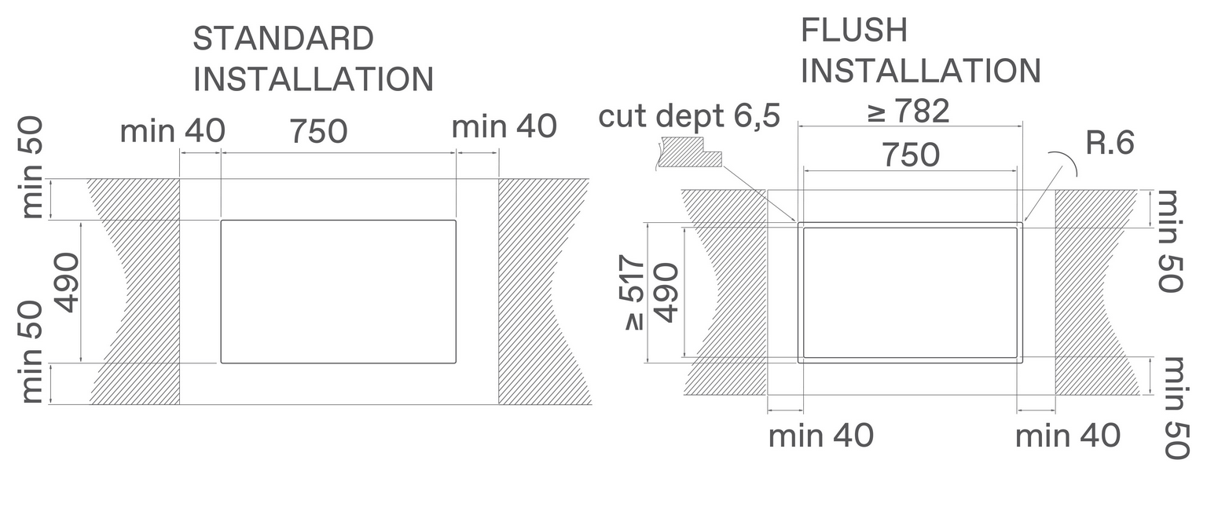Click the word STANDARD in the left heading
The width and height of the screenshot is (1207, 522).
(x=283, y=38)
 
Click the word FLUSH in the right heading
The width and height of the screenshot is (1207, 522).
(x=854, y=31)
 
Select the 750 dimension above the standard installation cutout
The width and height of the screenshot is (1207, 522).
(x=318, y=132)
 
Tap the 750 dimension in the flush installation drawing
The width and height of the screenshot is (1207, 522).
(x=910, y=155)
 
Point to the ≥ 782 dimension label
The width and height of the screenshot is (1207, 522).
(x=908, y=112)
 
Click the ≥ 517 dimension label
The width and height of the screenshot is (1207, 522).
(x=634, y=294)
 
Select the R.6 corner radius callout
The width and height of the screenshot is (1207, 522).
(x=1110, y=144)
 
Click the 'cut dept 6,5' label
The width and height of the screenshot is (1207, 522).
(x=689, y=116)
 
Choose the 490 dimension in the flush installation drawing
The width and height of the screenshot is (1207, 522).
(x=666, y=293)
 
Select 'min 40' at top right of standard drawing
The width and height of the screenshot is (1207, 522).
(x=504, y=126)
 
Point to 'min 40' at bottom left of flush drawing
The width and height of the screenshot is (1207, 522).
(x=820, y=435)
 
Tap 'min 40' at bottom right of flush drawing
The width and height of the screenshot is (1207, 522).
(x=1067, y=435)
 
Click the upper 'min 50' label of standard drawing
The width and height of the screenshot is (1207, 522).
(x=32, y=169)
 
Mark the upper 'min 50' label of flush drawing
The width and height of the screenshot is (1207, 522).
(x=1170, y=241)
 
